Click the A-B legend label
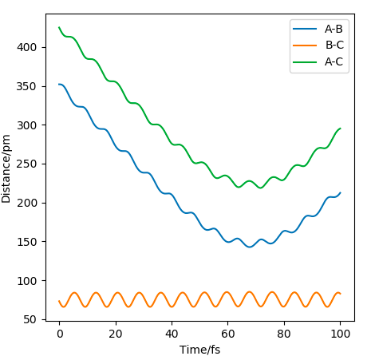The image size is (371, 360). pyautogui.click(x=334, y=29)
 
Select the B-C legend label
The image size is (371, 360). pyautogui.click(x=334, y=45)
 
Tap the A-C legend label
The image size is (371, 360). pyautogui.click(x=334, y=61)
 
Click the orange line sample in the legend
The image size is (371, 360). pyautogui.click(x=305, y=45)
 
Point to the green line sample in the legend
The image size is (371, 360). pyautogui.click(x=305, y=62)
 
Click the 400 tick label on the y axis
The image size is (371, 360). pyautogui.click(x=26, y=47)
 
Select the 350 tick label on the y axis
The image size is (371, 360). pyautogui.click(x=26, y=86)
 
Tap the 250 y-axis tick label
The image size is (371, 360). pyautogui.click(x=26, y=164)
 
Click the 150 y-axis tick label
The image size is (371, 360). pyautogui.click(x=26, y=242)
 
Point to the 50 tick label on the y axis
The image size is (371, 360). pyautogui.click(x=30, y=319)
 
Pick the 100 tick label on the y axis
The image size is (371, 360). pyautogui.click(x=26, y=281)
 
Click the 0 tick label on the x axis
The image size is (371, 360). pyautogui.click(x=60, y=334)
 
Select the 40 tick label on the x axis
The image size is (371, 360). pyautogui.click(x=172, y=334)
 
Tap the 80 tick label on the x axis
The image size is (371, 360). pyautogui.click(x=284, y=334)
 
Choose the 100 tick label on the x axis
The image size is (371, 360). pyautogui.click(x=341, y=334)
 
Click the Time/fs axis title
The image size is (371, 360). pyautogui.click(x=200, y=350)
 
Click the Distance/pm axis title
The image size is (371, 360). pyautogui.click(x=6, y=169)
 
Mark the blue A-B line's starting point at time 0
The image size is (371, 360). pyautogui.click(x=59, y=85)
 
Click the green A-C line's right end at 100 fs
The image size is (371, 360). pyautogui.click(x=340, y=129)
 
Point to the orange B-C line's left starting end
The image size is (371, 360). pyautogui.click(x=59, y=301)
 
